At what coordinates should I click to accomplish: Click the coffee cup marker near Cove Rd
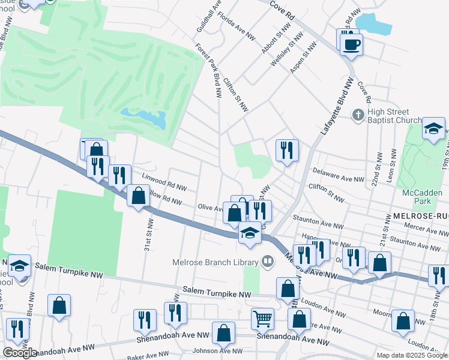click(x=352, y=43)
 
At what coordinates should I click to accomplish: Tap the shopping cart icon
click(x=262, y=319)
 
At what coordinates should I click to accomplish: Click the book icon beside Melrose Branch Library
click(x=267, y=260)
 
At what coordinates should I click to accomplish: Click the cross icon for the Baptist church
click(x=358, y=114)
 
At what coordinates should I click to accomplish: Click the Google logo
click(x=20, y=353)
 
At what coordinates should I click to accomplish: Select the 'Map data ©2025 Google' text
click(x=412, y=355)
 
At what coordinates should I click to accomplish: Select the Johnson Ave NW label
click(x=217, y=351)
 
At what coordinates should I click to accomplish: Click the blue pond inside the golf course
click(x=143, y=117)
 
